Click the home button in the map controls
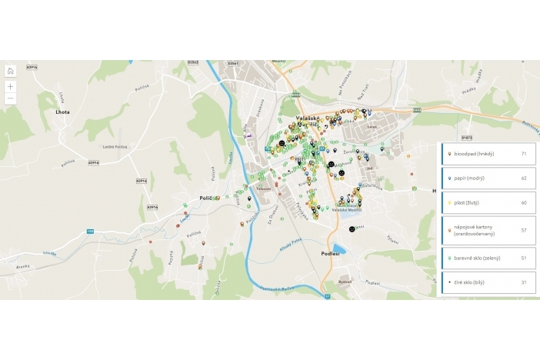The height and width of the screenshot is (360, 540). [10, 72]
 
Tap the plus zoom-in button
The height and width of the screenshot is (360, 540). [10, 86]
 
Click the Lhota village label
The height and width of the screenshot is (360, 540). [62, 112]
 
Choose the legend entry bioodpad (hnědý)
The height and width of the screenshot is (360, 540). [476, 154]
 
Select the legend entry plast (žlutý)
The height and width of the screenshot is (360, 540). [470, 203]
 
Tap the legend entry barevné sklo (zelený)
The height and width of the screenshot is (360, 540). [478, 258]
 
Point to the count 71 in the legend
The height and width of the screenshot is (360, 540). [523, 154]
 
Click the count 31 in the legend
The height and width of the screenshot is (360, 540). [523, 282]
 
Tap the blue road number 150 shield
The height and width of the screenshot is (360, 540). [90, 230]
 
